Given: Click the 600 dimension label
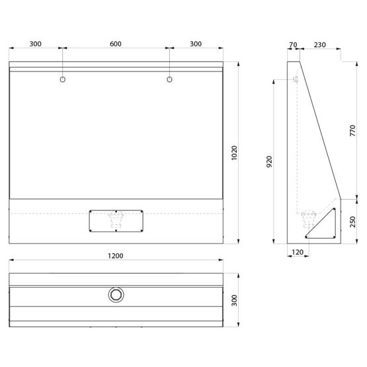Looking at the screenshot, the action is (x=116, y=44).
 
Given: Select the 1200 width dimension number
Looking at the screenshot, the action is (x=116, y=256).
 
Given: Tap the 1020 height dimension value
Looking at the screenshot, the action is (x=234, y=153).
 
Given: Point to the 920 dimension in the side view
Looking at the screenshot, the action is (x=269, y=161).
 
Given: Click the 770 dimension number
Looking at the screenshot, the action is (x=352, y=131).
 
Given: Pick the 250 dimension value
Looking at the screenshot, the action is (x=352, y=222).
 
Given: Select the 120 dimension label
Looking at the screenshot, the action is (x=298, y=252).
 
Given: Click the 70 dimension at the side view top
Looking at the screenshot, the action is (x=293, y=44).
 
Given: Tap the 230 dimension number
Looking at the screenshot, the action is (x=320, y=44).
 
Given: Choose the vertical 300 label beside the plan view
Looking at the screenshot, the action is (x=234, y=300).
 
